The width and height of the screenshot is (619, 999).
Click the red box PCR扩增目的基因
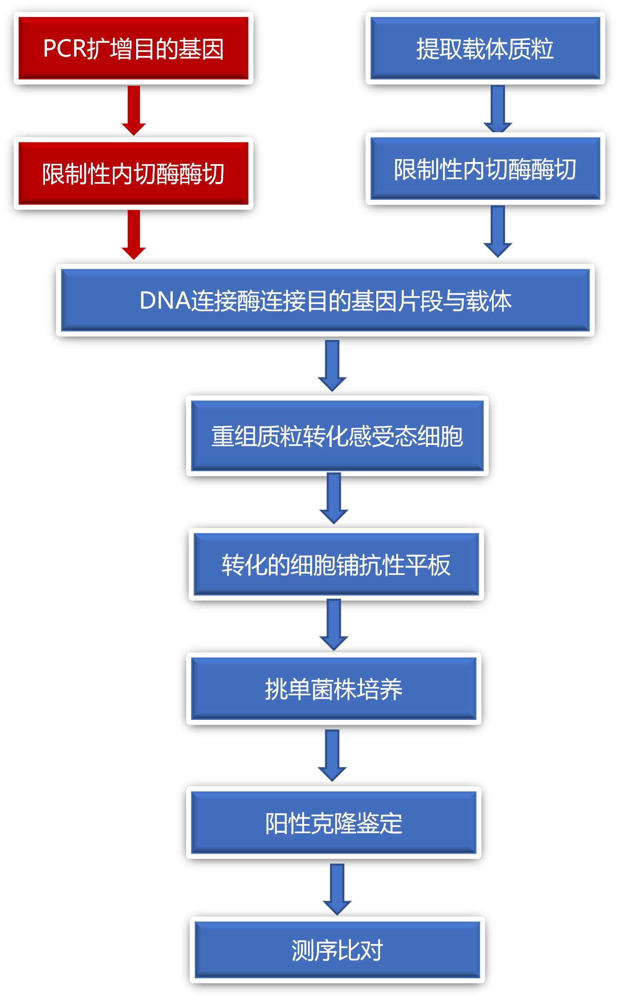(133, 48)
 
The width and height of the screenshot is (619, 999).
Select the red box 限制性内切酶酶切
(133, 173)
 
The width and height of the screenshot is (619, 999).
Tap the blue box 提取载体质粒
(485, 48)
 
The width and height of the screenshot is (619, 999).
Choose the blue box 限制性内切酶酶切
(485, 169)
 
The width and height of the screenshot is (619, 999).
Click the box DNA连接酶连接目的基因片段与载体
(325, 300)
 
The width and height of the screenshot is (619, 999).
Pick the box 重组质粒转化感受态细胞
(337, 436)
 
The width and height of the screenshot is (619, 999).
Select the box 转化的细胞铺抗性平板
(336, 564)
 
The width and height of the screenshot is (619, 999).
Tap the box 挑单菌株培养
(333, 689)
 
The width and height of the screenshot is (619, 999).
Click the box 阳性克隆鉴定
(333, 823)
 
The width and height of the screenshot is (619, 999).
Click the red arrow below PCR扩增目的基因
(134, 110)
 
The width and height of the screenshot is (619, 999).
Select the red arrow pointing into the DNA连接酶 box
(134, 234)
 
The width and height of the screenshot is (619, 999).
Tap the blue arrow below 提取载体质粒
(498, 108)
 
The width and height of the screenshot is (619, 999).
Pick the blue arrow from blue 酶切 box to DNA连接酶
(498, 231)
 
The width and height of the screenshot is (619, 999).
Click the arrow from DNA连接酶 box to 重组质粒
(332, 365)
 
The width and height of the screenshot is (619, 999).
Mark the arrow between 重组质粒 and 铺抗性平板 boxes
(334, 497)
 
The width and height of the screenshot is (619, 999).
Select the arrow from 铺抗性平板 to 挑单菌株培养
(334, 624)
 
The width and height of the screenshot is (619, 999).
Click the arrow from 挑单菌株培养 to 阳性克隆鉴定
(332, 755)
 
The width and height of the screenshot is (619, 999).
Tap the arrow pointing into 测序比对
(337, 889)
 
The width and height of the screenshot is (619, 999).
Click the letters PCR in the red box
(65, 49)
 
